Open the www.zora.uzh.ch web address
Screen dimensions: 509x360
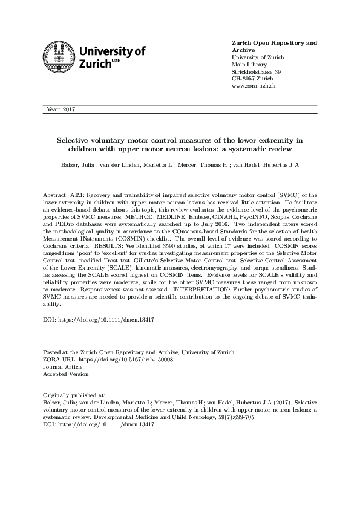(254, 86)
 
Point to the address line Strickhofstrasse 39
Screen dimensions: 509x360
(257, 72)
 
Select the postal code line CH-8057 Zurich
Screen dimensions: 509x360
(253, 79)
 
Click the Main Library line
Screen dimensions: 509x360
(249, 65)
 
